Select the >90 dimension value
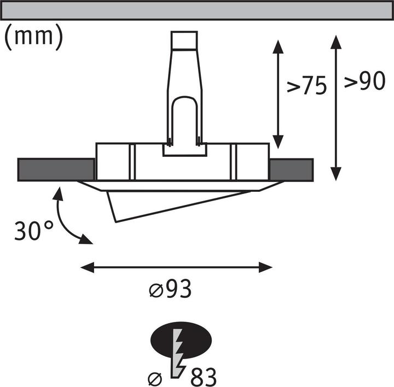click(x=363, y=82)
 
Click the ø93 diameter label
click(x=170, y=289)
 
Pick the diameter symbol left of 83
click(x=155, y=378)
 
